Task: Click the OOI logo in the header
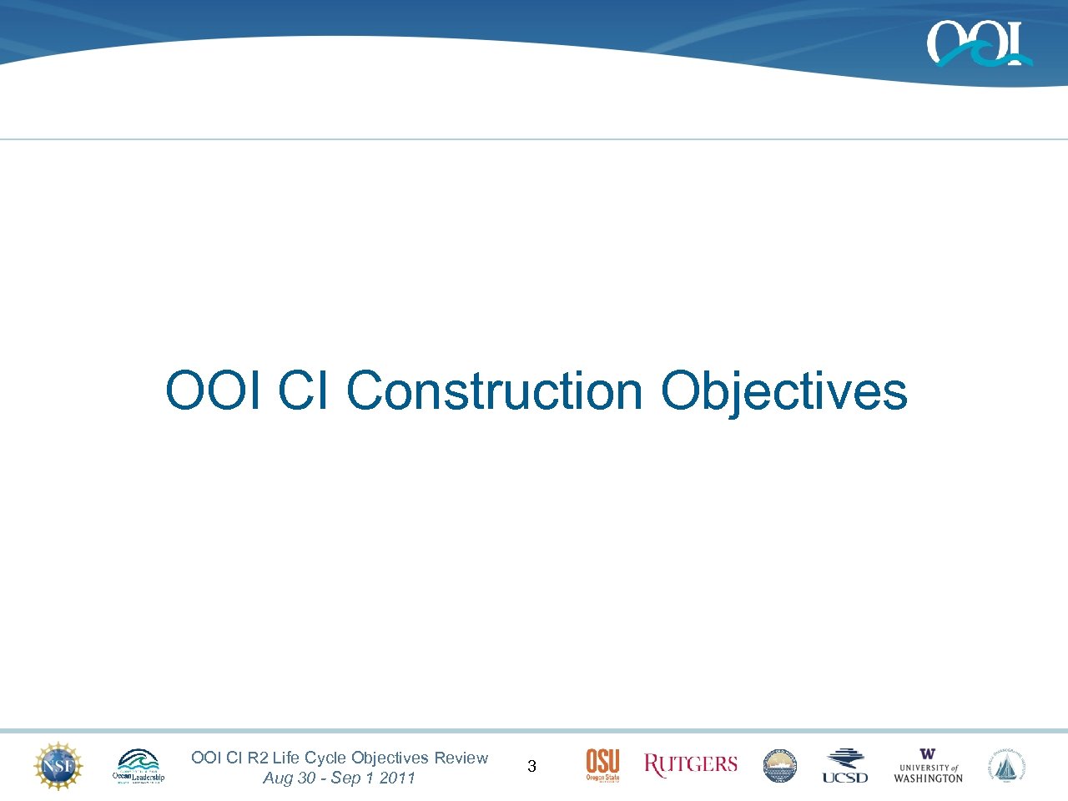click(978, 43)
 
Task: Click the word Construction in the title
click(494, 390)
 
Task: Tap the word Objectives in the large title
click(783, 390)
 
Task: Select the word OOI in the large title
click(214, 390)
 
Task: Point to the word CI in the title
click(303, 390)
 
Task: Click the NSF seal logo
click(58, 765)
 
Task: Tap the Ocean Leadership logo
click(139, 766)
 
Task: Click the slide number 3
click(531, 766)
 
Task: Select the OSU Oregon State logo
click(602, 765)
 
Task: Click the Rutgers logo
click(691, 764)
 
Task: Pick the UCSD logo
click(844, 765)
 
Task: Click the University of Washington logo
click(928, 766)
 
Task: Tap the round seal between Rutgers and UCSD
click(780, 765)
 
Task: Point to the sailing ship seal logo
click(1008, 765)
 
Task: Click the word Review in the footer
click(461, 758)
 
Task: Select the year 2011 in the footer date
click(397, 778)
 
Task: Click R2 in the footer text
click(258, 758)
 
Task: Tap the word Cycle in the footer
click(325, 758)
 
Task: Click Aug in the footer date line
click(278, 778)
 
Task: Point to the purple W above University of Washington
click(928, 754)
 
